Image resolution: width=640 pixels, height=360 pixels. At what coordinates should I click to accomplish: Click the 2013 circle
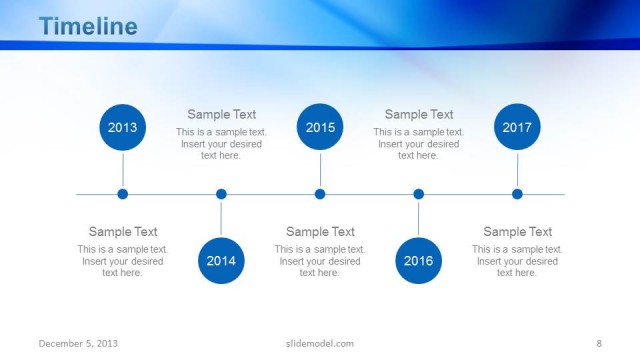pos(123,128)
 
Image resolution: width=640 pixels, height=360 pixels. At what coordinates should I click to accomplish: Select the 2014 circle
pos(221,261)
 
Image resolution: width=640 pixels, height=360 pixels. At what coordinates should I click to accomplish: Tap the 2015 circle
pos(320,128)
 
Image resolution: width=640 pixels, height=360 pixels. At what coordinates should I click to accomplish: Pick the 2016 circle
pos(418,261)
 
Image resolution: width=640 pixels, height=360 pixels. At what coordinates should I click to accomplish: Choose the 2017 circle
pos(517,128)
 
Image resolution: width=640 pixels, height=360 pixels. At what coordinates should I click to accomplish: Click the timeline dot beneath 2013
pos(123,194)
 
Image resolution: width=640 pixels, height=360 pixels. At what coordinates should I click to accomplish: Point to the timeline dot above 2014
pos(221,194)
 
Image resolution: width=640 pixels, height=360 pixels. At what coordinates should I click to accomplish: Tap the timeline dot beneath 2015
pos(320,194)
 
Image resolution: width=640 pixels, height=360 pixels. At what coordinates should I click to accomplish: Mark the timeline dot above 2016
pos(418,194)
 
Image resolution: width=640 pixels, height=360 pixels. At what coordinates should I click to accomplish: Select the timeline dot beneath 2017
pos(517,194)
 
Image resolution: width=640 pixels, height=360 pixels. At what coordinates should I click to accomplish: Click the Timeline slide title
pos(88,27)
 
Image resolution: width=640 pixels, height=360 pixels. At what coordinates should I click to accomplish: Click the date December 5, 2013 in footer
pos(78,343)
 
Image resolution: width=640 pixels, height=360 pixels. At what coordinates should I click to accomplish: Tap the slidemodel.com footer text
pos(320,343)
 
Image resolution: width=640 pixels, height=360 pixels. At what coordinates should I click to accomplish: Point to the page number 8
pos(598,343)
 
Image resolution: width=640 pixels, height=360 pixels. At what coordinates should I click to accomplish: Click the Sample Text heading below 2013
pos(123,232)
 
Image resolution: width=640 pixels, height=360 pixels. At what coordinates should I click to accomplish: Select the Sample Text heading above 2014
pos(221,115)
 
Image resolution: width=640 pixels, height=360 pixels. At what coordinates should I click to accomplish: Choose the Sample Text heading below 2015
pos(320,232)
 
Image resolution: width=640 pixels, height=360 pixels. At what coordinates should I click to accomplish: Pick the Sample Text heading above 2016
pos(418,115)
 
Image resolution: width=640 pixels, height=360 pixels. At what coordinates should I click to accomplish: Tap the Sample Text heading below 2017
pos(517,232)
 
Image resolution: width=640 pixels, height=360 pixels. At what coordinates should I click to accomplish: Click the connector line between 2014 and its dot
pos(221,220)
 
